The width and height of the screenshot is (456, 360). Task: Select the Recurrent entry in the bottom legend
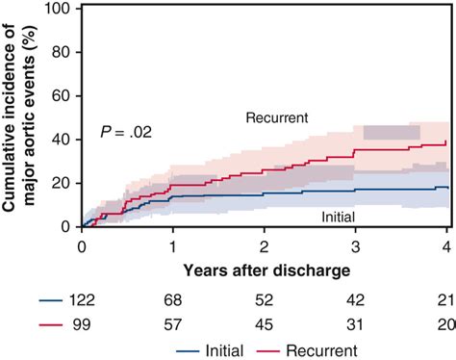(x=314, y=348)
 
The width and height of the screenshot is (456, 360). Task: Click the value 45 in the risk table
(x=265, y=325)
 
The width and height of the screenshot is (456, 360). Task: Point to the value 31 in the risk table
(x=356, y=325)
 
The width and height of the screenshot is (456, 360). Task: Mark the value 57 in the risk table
(x=173, y=325)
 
